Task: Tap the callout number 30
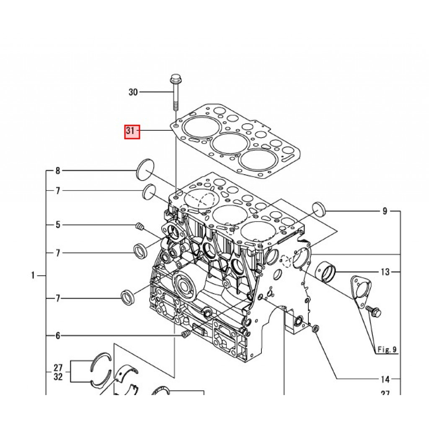(x=133, y=92)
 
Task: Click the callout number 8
(x=58, y=171)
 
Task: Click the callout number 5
(x=58, y=225)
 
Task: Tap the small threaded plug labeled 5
(x=140, y=227)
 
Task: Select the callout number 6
(x=58, y=336)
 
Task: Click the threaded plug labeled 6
(x=186, y=334)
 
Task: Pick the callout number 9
(x=385, y=211)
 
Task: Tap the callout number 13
(x=385, y=272)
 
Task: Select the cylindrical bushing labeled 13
(x=327, y=271)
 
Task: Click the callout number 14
(x=385, y=380)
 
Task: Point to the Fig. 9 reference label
(x=386, y=349)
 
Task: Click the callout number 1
(x=33, y=276)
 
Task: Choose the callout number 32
(x=58, y=377)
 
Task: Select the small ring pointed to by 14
(x=315, y=328)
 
